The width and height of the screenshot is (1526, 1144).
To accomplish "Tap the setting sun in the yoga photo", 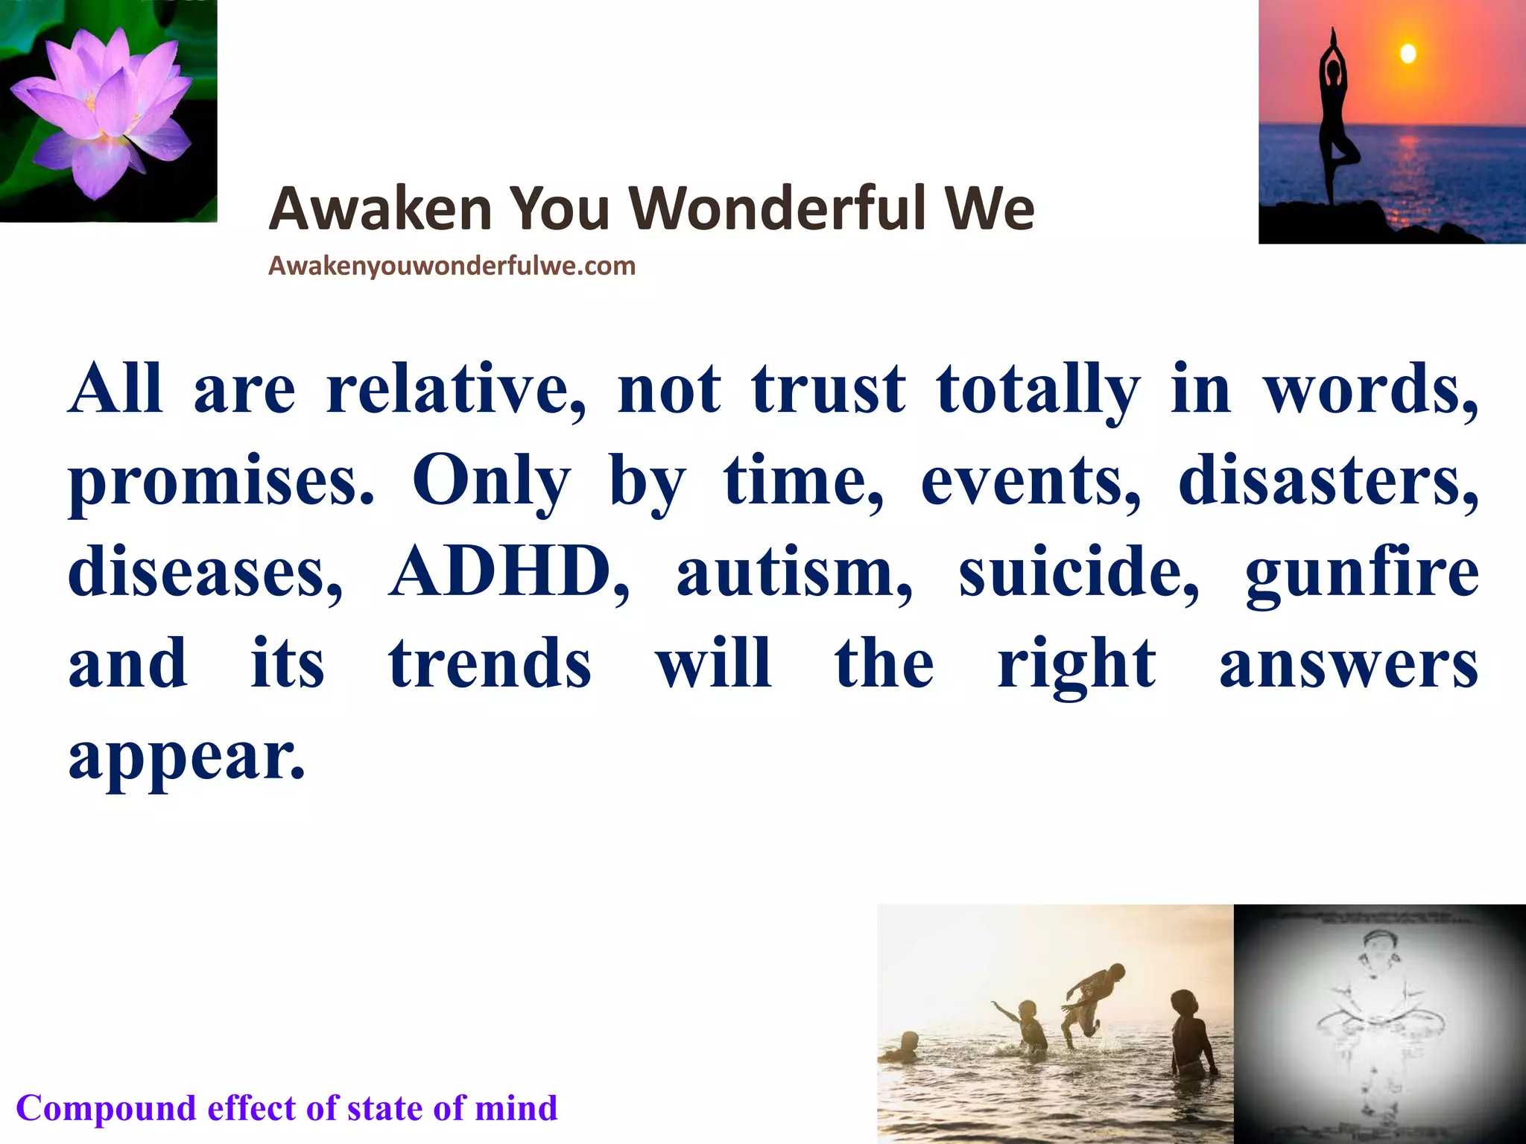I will point(1407,54).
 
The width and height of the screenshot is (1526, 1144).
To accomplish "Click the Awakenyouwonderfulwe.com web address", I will point(452,266).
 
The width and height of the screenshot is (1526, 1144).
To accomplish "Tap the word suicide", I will point(1078,572).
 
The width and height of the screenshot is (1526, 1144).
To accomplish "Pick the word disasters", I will point(1328,480).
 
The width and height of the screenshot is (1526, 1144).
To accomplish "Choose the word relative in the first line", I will point(455,389).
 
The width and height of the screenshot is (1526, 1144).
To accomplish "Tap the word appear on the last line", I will point(186,756).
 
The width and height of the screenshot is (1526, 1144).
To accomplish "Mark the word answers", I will point(1349,664).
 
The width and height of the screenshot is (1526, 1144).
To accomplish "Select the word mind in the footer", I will point(516,1108).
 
